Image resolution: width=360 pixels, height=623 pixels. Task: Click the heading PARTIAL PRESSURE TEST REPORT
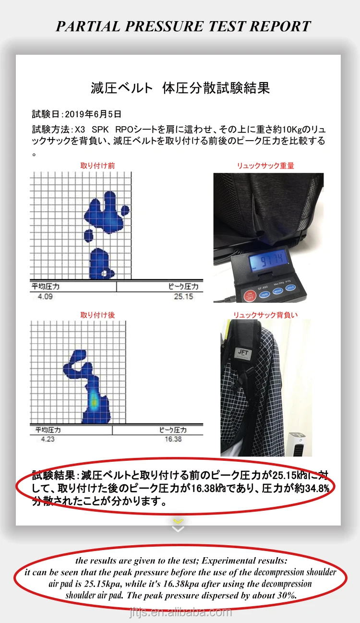183,26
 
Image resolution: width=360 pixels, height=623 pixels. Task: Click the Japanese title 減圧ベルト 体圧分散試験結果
180,88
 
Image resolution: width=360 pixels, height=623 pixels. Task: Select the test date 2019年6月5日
93,114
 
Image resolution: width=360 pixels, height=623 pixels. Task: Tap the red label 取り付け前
97,166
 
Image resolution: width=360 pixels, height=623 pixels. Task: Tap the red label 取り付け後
97,315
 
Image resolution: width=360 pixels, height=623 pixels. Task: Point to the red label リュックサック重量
265,166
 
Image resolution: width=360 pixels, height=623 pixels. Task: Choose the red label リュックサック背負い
265,315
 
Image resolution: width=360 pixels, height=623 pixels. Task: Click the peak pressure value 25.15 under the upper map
183,297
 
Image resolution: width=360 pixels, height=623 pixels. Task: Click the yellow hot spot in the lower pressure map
94,399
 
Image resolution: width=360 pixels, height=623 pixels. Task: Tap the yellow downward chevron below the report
178,521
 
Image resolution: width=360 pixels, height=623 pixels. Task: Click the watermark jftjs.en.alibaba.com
180,612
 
